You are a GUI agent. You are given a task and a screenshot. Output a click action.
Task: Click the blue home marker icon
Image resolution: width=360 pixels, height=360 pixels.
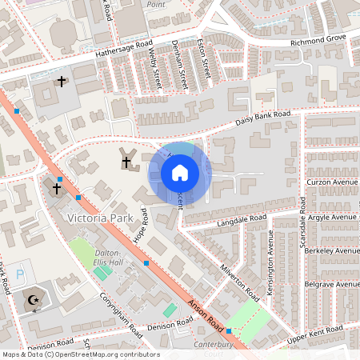(x=180, y=173)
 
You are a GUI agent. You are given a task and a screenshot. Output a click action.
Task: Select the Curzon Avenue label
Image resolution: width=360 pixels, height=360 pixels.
(x=333, y=182)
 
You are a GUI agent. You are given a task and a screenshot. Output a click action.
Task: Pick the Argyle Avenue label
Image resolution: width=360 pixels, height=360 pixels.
(x=333, y=217)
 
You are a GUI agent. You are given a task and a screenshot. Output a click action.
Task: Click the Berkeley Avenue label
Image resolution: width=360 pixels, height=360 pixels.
(x=332, y=250)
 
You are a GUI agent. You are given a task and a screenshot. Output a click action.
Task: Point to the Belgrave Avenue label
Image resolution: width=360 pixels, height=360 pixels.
(x=332, y=284)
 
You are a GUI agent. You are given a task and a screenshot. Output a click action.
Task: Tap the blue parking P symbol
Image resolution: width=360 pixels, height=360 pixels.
(x=20, y=274)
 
